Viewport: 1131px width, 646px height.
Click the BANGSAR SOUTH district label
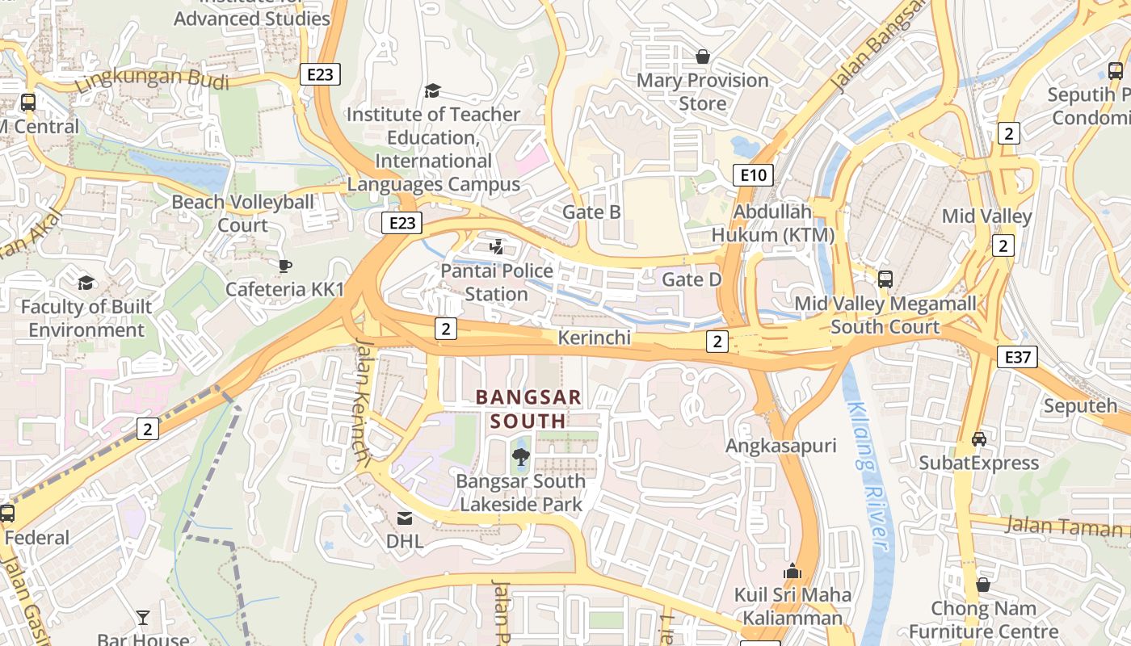tap(528, 409)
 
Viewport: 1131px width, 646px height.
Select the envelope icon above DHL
tap(404, 518)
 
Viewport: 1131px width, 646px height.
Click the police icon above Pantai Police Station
tap(497, 246)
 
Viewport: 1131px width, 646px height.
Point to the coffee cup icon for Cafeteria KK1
tap(284, 266)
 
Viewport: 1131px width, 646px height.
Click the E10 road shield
tap(753, 174)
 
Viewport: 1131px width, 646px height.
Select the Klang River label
tap(870, 477)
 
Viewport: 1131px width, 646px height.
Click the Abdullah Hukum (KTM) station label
tap(772, 223)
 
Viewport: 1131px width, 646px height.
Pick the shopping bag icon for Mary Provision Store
tap(702, 57)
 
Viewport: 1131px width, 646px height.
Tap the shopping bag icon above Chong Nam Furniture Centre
tap(983, 584)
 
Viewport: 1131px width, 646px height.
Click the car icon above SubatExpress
tap(979, 438)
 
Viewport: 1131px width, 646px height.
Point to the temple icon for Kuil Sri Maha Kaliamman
tap(793, 572)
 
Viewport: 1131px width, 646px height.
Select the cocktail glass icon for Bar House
tap(143, 618)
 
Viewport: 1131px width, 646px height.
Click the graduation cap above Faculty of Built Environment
tap(86, 283)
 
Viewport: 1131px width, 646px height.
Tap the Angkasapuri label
tap(780, 446)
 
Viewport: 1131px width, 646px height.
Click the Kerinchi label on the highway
tap(594, 338)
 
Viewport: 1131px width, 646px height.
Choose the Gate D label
tap(692, 279)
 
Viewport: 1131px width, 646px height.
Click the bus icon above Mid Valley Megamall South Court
tap(885, 279)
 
